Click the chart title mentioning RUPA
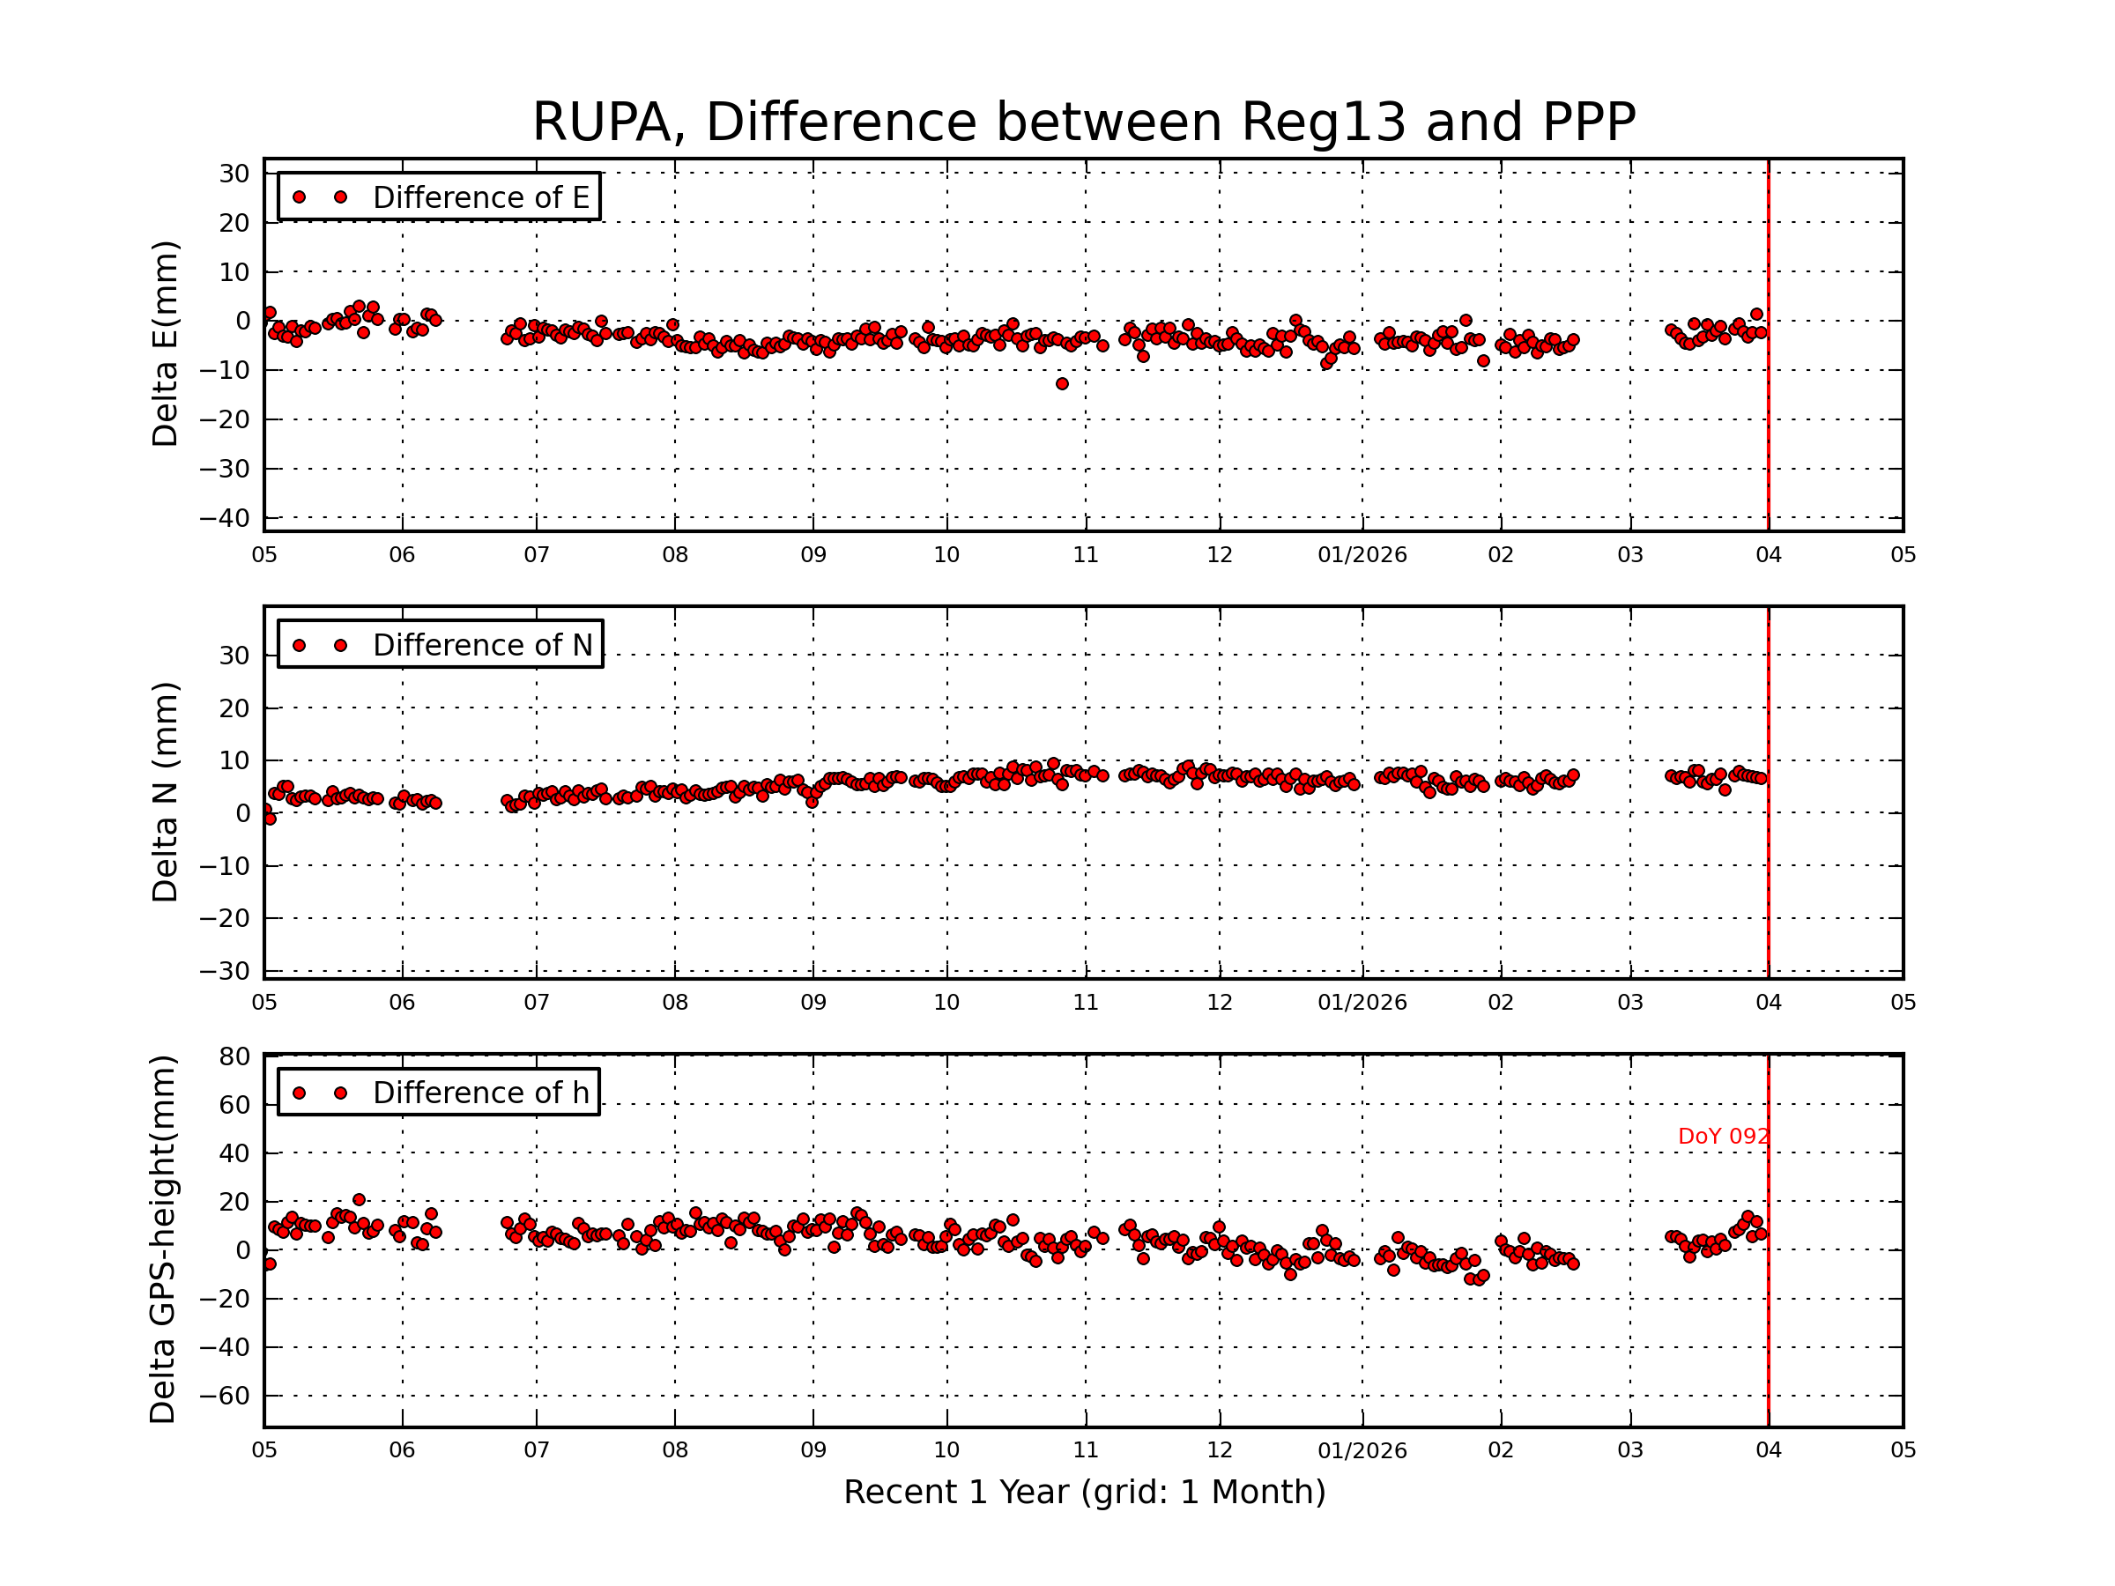click(x=1083, y=122)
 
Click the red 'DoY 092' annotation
click(x=1723, y=1137)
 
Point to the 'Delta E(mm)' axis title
click(x=165, y=345)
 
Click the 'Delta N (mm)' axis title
click(x=165, y=791)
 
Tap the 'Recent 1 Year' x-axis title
click(x=1084, y=1493)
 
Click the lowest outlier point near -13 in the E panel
click(x=1062, y=384)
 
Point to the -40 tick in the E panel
click(x=224, y=519)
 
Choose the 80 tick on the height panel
click(x=235, y=1056)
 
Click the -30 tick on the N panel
click(x=224, y=971)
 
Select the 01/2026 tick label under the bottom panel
click(x=1362, y=1451)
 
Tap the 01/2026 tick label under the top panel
click(x=1362, y=555)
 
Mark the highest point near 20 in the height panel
click(x=359, y=1200)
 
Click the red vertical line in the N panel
click(x=1768, y=860)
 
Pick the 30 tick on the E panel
click(x=234, y=174)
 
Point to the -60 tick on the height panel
click(x=224, y=1396)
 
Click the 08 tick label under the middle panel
click(x=675, y=1003)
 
